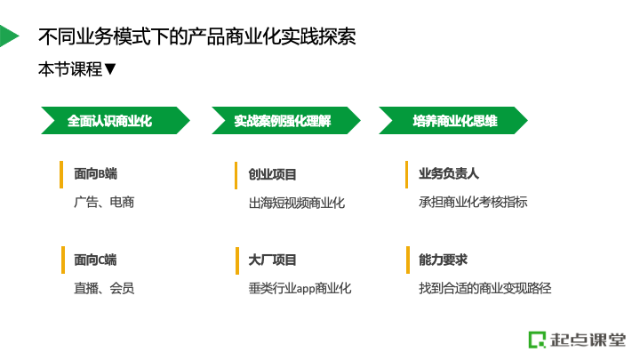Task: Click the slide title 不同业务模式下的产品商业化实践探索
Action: point(196,36)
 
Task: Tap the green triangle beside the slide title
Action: point(8,36)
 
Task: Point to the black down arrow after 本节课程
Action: point(110,69)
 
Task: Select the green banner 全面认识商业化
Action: point(116,120)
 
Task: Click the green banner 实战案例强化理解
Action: point(285,120)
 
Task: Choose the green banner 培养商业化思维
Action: point(453,120)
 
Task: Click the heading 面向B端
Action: point(95,174)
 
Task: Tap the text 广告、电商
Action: point(104,202)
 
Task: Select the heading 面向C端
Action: point(95,260)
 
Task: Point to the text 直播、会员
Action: point(104,288)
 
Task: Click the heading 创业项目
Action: point(272,175)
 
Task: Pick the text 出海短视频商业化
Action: point(297,203)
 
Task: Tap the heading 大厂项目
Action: point(272,260)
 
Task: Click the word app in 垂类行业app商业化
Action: point(305,289)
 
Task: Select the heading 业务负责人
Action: point(449,173)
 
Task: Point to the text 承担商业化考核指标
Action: point(473,202)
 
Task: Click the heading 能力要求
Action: point(443,260)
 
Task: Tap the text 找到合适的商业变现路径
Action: point(485,288)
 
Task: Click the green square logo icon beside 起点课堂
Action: point(537,340)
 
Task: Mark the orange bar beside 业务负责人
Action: point(406,175)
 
